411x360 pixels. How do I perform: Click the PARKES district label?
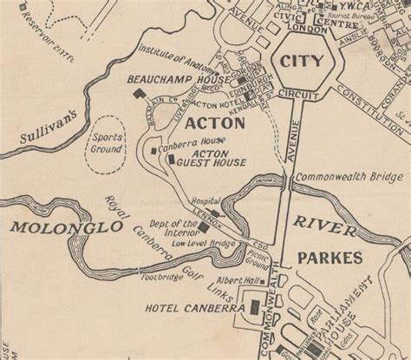click(329, 259)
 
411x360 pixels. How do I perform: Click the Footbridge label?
click(161, 279)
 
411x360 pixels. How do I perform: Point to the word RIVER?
click(323, 223)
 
